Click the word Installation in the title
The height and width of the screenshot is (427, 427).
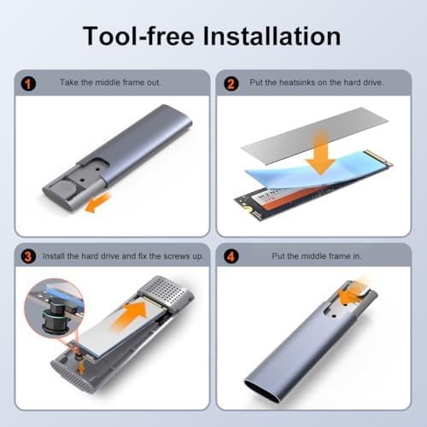272,36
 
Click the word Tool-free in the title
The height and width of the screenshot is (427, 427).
138,36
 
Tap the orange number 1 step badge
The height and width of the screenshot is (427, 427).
28,84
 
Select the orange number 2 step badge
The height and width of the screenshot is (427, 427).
231,84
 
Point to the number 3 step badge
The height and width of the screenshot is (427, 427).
28,256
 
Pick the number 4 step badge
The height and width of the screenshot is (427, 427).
231,256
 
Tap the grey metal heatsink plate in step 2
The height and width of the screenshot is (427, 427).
314,136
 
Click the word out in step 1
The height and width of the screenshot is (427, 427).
154,83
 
